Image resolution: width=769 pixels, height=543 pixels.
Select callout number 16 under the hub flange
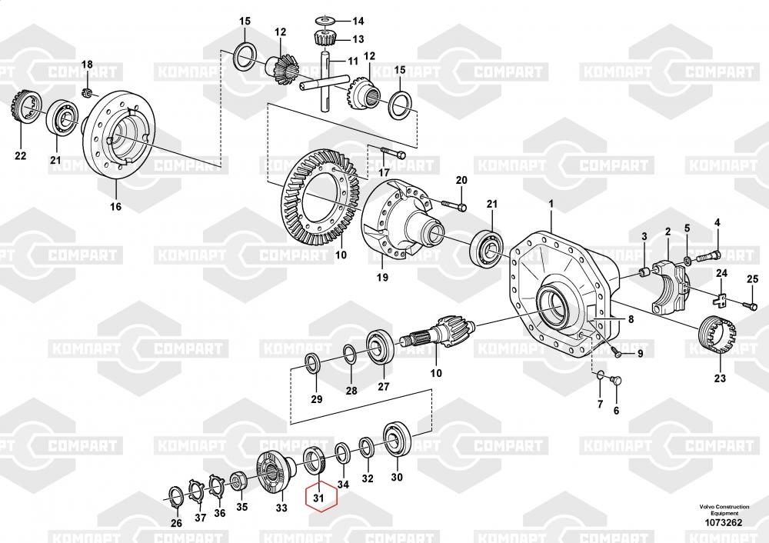click(116, 206)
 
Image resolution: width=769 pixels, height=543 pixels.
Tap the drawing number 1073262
click(724, 523)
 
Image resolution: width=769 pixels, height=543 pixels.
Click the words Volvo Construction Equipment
click(724, 510)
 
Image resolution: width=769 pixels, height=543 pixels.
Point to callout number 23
click(720, 378)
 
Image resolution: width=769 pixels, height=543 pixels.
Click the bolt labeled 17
click(391, 153)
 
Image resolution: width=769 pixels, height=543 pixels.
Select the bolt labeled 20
click(454, 205)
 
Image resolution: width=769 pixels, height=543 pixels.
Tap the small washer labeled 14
click(325, 20)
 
